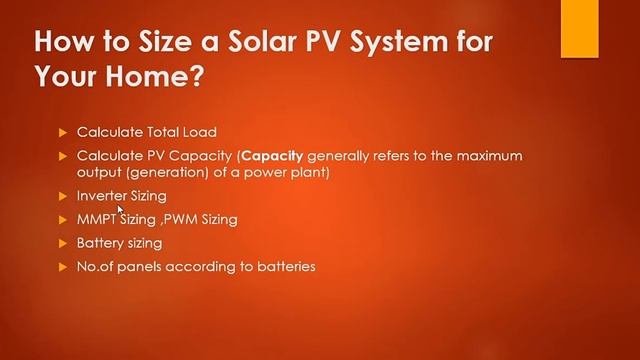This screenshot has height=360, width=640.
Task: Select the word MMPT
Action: (97, 219)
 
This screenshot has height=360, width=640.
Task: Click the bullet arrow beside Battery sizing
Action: (62, 243)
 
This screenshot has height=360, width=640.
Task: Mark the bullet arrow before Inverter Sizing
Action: (62, 195)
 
